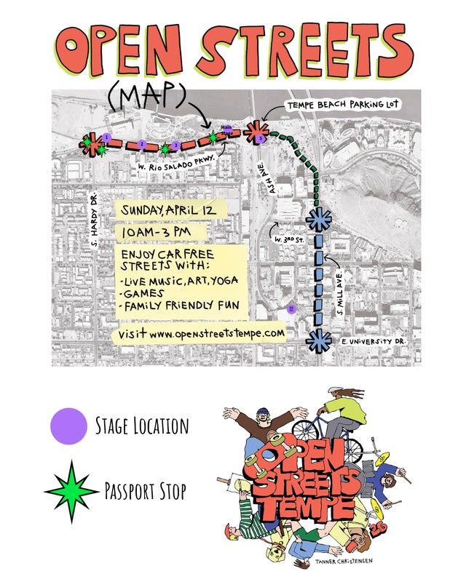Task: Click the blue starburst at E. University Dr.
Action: tap(317, 339)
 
